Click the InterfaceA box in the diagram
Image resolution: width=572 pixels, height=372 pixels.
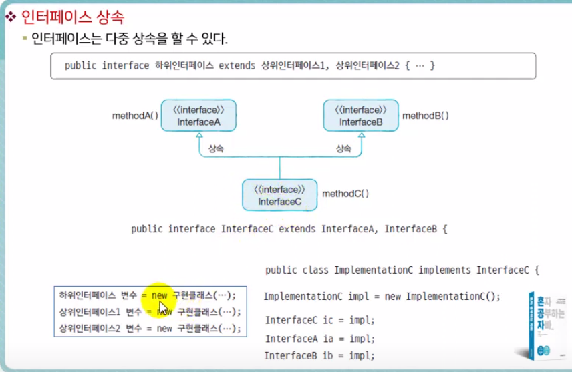point(198,116)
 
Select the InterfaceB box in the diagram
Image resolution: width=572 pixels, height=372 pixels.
point(361,116)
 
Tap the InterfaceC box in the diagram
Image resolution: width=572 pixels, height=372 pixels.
point(279,194)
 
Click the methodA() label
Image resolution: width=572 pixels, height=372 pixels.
point(135,116)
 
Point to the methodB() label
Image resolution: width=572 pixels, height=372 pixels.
point(426,116)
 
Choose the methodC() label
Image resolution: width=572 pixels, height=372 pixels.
point(345,194)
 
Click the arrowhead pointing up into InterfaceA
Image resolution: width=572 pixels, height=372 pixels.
point(198,136)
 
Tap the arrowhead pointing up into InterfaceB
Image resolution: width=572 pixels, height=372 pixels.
point(361,136)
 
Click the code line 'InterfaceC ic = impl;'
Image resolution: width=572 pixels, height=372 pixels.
point(320,320)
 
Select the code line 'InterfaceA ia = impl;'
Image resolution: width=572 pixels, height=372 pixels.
point(320,339)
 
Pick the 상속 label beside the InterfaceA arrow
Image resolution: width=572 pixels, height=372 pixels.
point(215,149)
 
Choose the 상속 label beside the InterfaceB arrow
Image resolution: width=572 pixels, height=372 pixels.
point(343,149)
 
